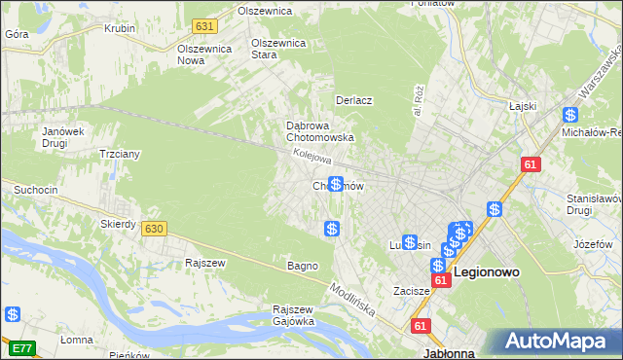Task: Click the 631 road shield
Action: tap(203, 25)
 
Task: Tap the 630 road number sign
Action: tap(152, 228)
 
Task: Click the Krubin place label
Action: tap(120, 28)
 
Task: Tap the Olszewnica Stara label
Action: tap(278, 49)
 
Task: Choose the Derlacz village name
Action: tap(354, 100)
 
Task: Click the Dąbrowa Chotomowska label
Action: tap(319, 131)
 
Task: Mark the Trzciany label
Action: tap(121, 154)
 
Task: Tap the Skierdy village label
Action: tap(118, 224)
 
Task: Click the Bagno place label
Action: tap(302, 266)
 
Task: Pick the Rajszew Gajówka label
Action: tap(292, 315)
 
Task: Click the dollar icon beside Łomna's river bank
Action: tap(13, 314)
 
